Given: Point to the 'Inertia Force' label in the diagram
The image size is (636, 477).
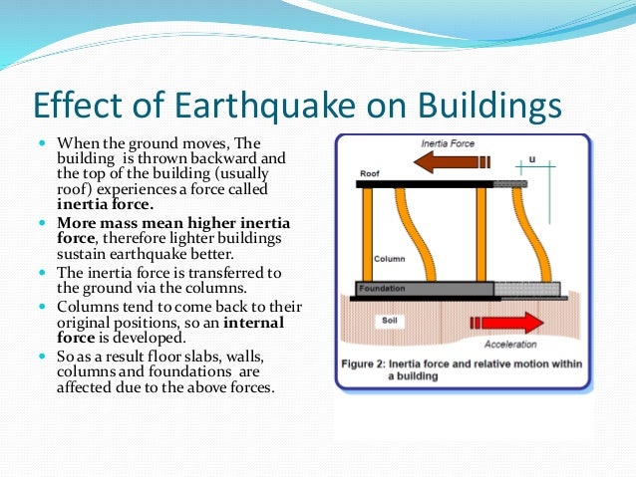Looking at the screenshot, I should pos(448,143).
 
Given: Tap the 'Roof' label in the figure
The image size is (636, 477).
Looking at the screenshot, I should pos(368,173).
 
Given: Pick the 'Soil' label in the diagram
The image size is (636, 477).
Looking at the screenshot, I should pos(390,321).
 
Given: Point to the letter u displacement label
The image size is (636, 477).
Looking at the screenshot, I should pos(531,157).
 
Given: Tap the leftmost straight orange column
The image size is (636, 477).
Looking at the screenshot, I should pos(367,234).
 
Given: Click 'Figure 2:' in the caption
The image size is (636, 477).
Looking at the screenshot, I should pos(374,363).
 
